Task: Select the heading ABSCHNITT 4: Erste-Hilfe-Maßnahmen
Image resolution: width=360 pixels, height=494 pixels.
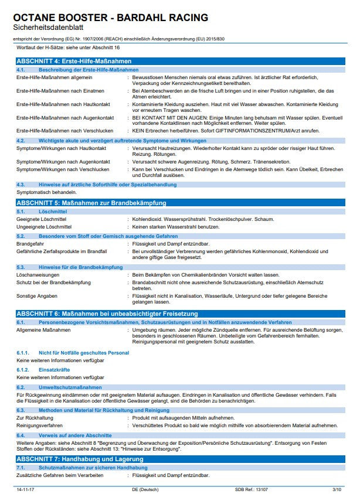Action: (x=73, y=61)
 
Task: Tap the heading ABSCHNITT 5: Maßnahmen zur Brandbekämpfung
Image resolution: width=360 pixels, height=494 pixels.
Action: (x=91, y=203)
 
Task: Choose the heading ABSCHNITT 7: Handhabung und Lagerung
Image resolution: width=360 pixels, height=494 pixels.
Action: (x=80, y=458)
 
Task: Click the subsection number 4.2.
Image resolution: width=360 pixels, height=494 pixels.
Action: (x=21, y=141)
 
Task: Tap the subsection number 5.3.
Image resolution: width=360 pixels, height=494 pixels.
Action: (x=21, y=267)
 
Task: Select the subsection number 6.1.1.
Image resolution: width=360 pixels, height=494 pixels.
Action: (x=22, y=353)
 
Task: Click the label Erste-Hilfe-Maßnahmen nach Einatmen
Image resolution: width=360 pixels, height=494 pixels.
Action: (x=60, y=91)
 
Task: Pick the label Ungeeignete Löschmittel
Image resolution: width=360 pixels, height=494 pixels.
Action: (x=45, y=226)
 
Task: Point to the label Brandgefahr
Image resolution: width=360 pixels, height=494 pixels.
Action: (x=31, y=243)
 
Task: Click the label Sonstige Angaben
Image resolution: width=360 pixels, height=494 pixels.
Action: (x=37, y=296)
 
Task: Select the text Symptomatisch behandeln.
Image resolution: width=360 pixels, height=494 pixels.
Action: (x=46, y=192)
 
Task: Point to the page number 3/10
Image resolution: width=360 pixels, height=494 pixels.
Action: (x=337, y=488)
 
